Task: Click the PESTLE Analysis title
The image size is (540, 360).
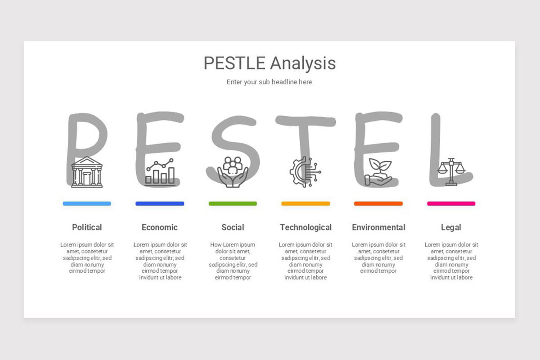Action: click(x=270, y=63)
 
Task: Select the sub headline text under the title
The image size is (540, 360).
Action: click(x=269, y=82)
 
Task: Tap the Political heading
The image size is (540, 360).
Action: click(x=87, y=227)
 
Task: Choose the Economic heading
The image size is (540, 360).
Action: click(x=160, y=227)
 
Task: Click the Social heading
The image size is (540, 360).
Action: click(x=233, y=227)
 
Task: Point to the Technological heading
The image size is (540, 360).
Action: click(x=306, y=227)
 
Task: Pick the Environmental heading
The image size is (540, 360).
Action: click(x=378, y=227)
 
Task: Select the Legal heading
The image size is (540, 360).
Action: click(x=451, y=227)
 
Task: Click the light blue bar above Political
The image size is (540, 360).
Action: click(x=87, y=203)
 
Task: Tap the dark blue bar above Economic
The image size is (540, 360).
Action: click(x=160, y=203)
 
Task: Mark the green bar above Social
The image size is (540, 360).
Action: click(x=233, y=203)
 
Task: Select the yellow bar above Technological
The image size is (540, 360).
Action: click(x=306, y=203)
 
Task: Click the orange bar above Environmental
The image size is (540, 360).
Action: click(x=378, y=203)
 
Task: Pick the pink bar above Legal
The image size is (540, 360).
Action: click(x=451, y=203)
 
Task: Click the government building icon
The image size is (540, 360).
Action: click(x=87, y=172)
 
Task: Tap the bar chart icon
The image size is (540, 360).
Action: click(x=160, y=172)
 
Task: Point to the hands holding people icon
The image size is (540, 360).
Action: click(x=233, y=172)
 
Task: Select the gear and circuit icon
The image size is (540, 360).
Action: click(x=305, y=171)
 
